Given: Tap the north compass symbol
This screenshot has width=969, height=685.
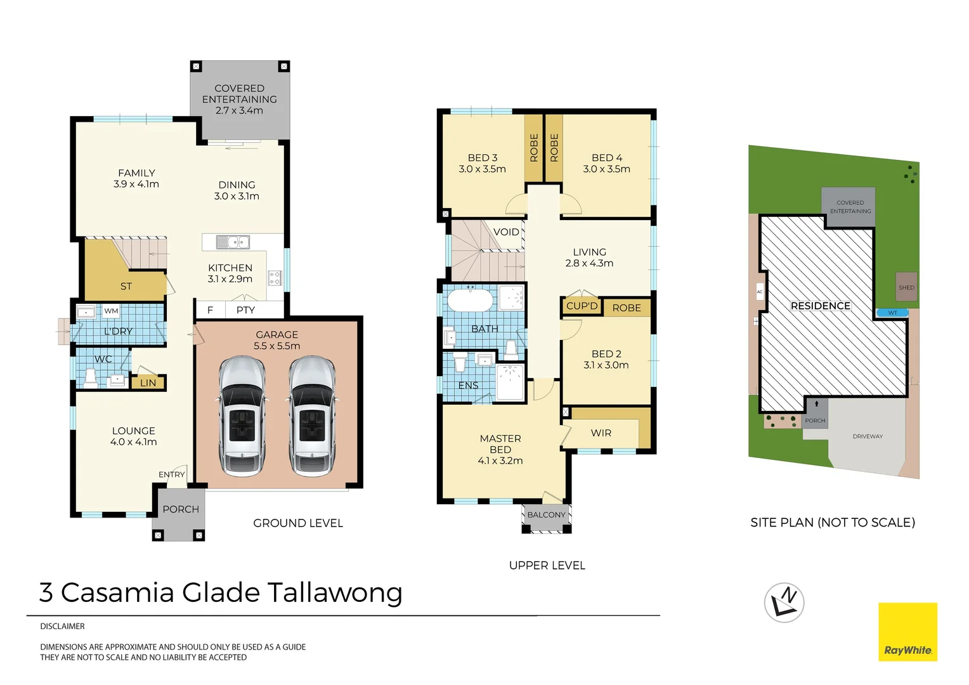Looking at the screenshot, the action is point(784,603).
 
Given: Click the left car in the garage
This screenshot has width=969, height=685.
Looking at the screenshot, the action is point(242,416).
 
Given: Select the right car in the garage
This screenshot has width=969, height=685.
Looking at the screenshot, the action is point(312,416).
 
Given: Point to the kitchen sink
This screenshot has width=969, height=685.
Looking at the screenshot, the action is point(233,242).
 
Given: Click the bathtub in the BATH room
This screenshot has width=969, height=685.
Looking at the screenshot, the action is point(470,299).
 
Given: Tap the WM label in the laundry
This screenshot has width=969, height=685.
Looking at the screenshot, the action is point(111,311).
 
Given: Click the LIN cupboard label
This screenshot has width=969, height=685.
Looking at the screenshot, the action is point(148,383).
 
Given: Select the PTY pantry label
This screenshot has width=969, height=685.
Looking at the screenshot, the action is point(245,310).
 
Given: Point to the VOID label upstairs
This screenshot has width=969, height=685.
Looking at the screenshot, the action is point(506,232).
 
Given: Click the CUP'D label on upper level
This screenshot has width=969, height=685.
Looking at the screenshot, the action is point(582,306).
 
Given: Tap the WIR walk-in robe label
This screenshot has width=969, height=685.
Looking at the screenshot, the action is point(601,433).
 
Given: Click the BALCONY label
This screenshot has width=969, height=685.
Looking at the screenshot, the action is point(547,514).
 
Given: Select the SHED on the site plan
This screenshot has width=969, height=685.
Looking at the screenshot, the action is point(906,287).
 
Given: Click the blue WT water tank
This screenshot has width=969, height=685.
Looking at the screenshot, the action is point(892,313).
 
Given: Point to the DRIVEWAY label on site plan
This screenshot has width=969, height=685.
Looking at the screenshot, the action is point(868,436).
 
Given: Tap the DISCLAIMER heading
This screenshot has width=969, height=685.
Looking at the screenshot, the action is point(62,626).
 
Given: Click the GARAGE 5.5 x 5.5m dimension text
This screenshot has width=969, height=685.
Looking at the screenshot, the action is point(277,340).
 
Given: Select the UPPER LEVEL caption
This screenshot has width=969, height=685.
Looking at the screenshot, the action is point(547,565).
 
